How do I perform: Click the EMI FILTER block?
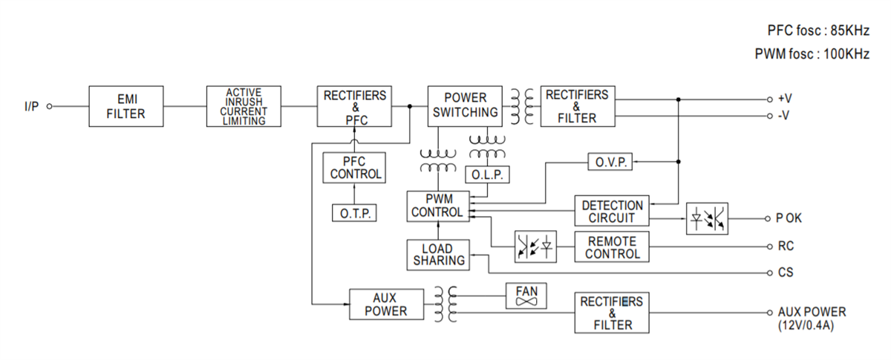(x=125, y=106)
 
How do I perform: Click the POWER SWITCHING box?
(x=466, y=106)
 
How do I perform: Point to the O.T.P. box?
(x=354, y=213)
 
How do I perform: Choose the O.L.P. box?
(x=487, y=174)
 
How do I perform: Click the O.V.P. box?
(x=610, y=161)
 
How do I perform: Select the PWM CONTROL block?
(x=437, y=206)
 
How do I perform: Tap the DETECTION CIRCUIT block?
(x=612, y=212)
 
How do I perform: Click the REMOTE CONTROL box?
(x=612, y=247)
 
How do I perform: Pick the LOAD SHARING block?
(x=438, y=255)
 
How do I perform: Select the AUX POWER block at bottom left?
(x=385, y=304)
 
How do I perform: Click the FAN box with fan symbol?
(x=526, y=295)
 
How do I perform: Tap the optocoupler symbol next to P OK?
(x=708, y=219)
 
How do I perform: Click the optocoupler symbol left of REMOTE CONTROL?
(x=535, y=247)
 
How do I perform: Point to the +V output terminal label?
(x=785, y=99)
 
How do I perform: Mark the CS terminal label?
(x=785, y=273)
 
